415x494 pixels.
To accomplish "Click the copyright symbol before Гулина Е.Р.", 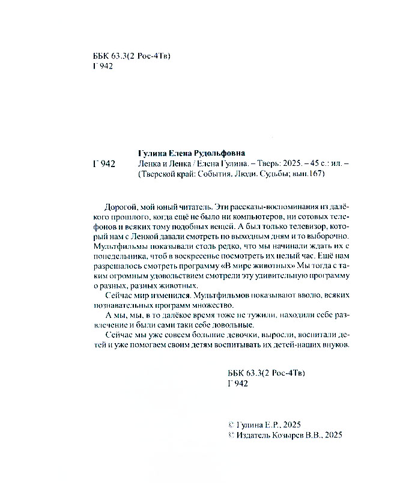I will (233, 423).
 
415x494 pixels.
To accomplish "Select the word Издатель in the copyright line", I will (256, 434).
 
